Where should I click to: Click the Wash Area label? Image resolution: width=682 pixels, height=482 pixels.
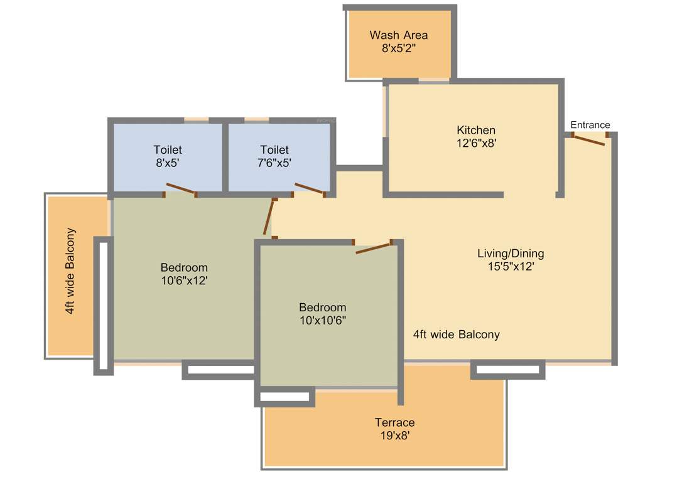(x=399, y=35)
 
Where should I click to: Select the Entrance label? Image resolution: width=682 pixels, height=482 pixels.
(x=590, y=125)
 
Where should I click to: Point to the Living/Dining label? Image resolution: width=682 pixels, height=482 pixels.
(x=511, y=254)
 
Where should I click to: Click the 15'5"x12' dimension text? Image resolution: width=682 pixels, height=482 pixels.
(x=511, y=266)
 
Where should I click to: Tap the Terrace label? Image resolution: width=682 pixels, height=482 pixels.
(x=394, y=422)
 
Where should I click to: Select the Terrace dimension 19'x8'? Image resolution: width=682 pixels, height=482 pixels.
(x=394, y=435)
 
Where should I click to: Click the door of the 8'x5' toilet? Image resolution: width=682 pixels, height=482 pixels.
(x=181, y=188)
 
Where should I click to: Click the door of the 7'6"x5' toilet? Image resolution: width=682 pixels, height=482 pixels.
(x=310, y=188)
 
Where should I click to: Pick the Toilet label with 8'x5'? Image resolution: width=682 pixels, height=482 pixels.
(x=168, y=150)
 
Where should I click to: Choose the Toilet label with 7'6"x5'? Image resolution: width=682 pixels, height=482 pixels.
(x=274, y=150)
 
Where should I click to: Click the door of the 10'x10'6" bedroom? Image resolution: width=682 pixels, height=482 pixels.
(x=374, y=247)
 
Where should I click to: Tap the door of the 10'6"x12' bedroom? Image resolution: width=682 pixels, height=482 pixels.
(x=269, y=217)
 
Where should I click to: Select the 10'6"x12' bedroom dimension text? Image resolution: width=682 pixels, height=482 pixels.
(x=184, y=281)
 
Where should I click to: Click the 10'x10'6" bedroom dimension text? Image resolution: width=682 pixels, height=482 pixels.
(x=322, y=320)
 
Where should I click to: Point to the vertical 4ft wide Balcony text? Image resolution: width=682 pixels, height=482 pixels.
(x=70, y=271)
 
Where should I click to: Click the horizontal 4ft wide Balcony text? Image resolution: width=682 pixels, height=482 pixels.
(x=457, y=335)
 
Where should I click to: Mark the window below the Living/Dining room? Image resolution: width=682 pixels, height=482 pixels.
(x=507, y=370)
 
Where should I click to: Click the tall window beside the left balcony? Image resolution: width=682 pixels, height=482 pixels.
(x=103, y=306)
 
